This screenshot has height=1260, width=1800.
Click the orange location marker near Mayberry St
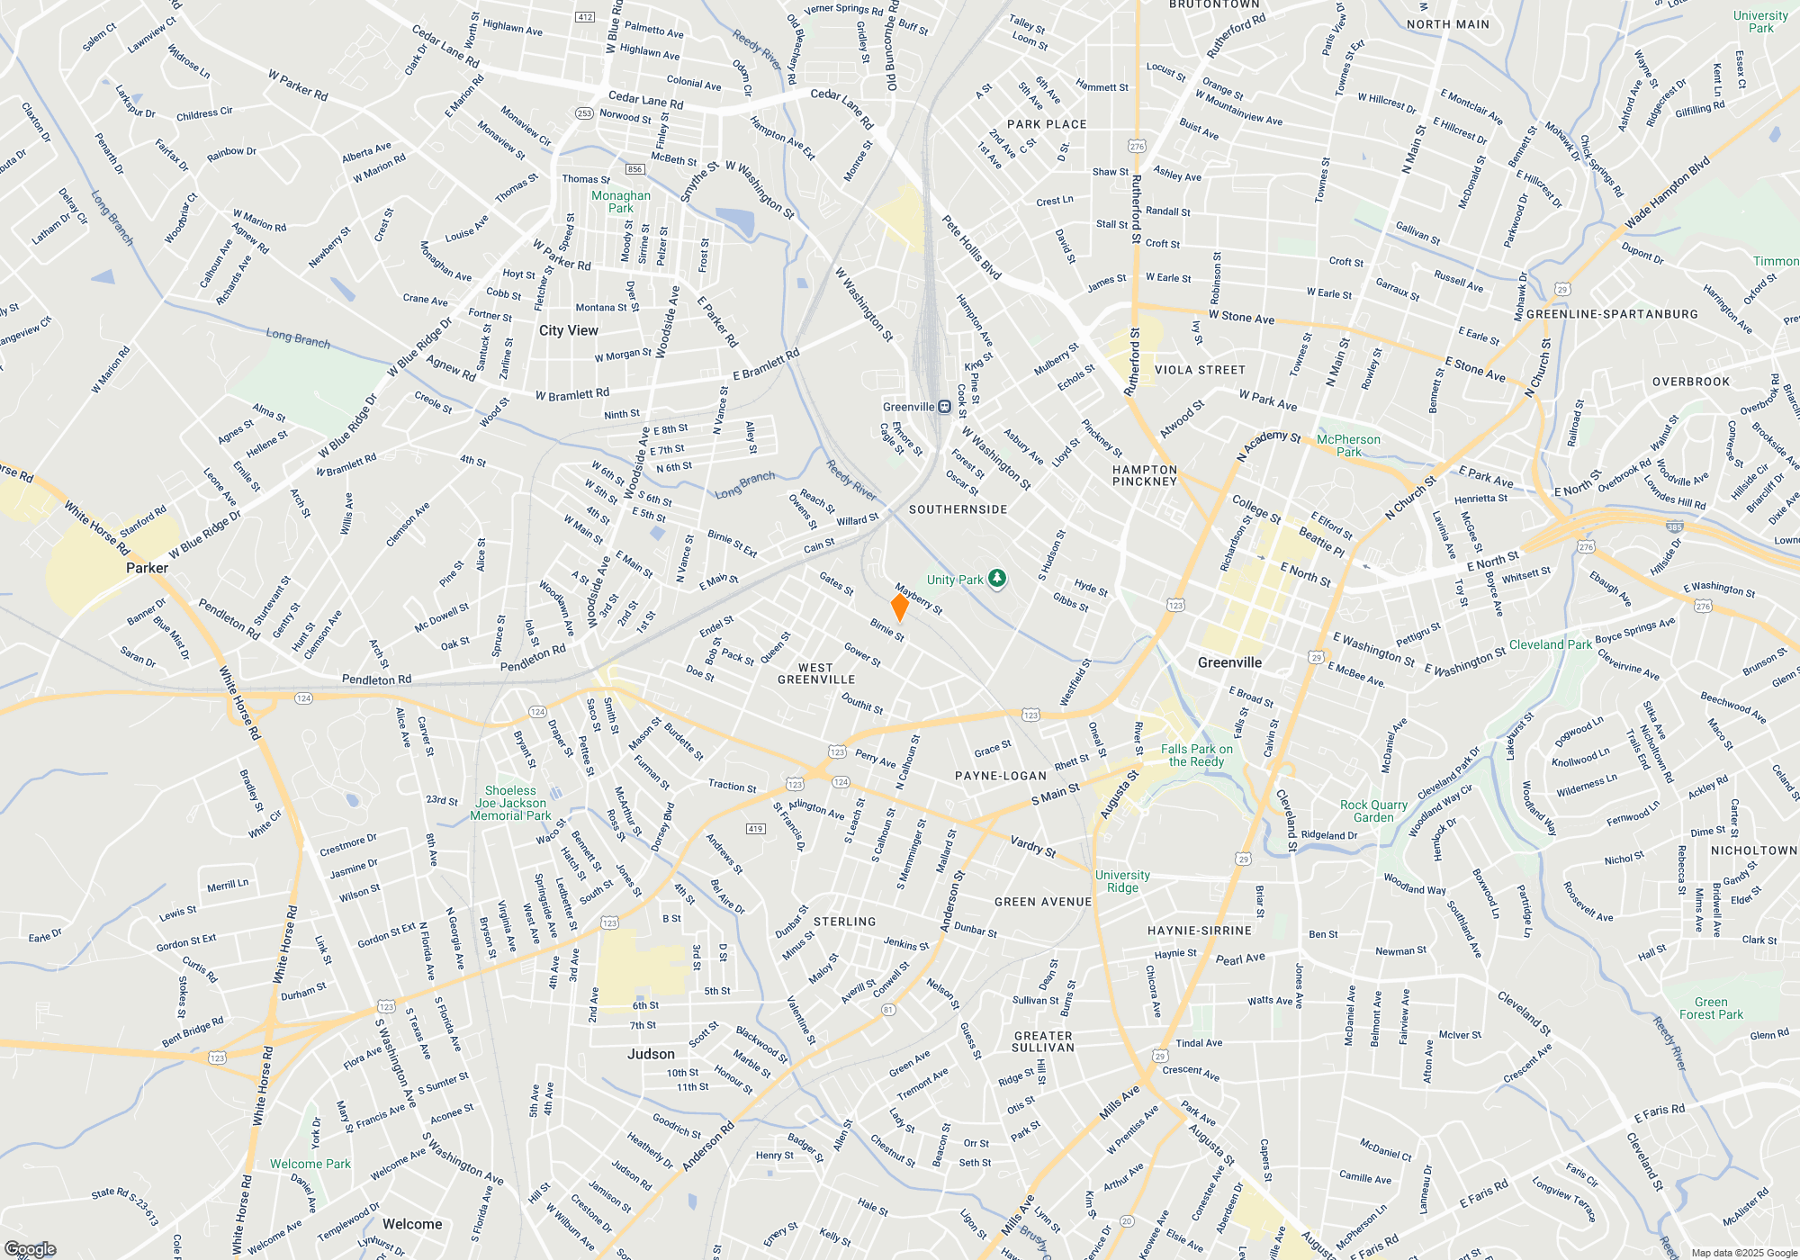click(899, 607)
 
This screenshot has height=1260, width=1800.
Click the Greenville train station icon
click(944, 407)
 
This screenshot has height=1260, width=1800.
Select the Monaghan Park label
click(620, 202)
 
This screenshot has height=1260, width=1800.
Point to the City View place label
click(568, 330)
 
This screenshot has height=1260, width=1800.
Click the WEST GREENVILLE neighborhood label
click(815, 673)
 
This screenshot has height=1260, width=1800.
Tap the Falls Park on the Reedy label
click(1196, 755)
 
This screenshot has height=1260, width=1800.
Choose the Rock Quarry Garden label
click(1373, 811)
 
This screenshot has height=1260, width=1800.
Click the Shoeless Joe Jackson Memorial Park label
click(510, 803)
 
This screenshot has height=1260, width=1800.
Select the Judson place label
click(651, 1054)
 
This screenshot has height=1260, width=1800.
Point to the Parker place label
click(147, 568)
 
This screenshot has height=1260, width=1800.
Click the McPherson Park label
click(1347, 445)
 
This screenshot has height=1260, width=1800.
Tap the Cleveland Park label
click(1550, 644)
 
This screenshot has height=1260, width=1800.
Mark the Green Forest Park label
click(1711, 1008)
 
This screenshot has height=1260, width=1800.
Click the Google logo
click(30, 1249)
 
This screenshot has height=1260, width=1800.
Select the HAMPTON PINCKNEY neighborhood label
click(1144, 475)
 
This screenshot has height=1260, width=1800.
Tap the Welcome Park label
click(310, 1164)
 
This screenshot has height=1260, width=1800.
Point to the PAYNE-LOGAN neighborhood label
click(1000, 776)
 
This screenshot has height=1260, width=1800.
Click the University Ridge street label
click(1122, 881)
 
